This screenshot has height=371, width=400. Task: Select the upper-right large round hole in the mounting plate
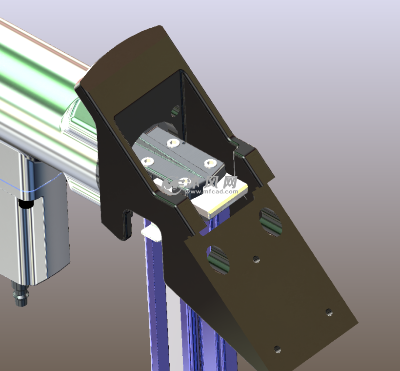point(270,221)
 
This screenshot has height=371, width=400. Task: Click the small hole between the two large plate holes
point(256,259)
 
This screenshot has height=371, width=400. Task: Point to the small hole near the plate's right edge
point(329,312)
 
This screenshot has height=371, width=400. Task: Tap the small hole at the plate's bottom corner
point(277,349)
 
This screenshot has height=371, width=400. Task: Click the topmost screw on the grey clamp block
point(172,143)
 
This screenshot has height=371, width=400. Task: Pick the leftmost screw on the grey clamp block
point(145,162)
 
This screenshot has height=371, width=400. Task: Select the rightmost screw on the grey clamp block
point(210,163)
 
